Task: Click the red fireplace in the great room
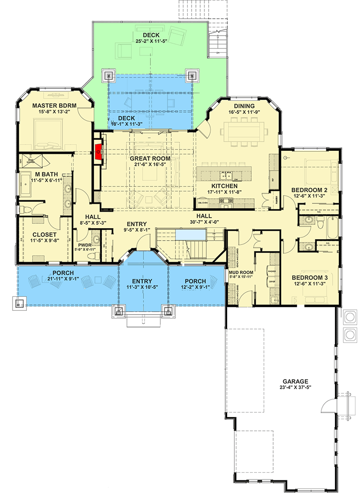click(99, 150)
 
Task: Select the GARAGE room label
click(295, 381)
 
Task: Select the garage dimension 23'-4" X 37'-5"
click(295, 389)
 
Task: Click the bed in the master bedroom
click(45, 135)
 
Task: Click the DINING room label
click(244, 106)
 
